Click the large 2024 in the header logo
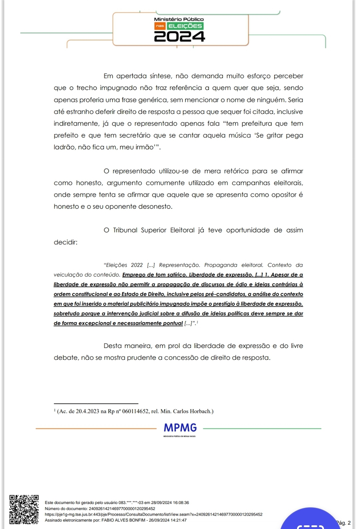click(179, 37)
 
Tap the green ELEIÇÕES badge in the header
click(185, 26)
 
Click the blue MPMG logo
click(180, 428)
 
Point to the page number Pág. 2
click(344, 523)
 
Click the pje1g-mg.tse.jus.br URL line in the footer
click(153, 514)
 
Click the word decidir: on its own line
click(65, 242)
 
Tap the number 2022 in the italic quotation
click(137, 265)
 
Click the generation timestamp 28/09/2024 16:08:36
click(170, 503)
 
